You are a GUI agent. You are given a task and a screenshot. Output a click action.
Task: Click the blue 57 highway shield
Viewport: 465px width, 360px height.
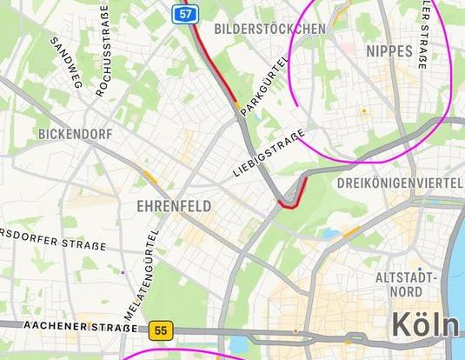183,13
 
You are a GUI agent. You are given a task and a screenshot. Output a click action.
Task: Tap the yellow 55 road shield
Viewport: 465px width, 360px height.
159,330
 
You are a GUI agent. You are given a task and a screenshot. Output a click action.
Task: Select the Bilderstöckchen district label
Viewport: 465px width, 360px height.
269,29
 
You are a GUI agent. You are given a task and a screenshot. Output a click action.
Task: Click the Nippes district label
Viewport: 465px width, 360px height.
390,51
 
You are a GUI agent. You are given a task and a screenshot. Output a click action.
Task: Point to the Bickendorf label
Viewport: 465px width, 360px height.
75,135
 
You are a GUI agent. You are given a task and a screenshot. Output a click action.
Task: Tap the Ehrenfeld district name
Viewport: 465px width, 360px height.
174,206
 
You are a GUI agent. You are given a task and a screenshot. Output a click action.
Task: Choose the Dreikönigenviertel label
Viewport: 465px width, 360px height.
400,183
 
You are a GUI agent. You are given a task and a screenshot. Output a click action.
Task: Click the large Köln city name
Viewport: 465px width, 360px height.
425,323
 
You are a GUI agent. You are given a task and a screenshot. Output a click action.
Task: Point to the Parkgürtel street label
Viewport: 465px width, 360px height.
264,84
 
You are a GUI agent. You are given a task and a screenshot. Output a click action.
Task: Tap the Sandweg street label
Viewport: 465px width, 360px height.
65,62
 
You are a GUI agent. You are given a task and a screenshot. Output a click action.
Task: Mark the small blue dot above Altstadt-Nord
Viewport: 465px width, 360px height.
419,269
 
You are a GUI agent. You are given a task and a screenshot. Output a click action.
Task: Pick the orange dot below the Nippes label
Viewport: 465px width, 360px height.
364,110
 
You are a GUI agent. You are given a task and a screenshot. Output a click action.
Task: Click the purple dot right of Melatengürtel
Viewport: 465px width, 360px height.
123,271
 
